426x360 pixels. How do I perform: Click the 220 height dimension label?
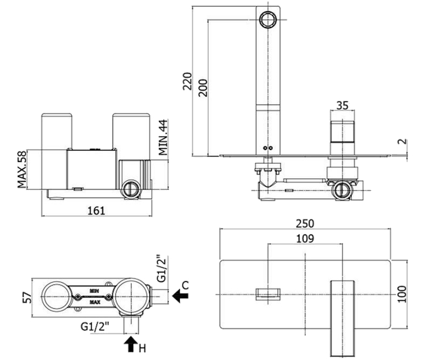coord(187,81)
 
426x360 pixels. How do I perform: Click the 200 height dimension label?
coord(203,88)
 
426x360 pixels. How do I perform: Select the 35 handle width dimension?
coord(343,106)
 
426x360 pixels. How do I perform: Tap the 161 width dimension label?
coord(96,211)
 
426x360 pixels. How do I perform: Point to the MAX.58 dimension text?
coord(22,169)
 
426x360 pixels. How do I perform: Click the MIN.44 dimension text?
coord(163,137)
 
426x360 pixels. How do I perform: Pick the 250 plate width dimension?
coord(305,224)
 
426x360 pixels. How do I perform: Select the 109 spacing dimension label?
coord(305,239)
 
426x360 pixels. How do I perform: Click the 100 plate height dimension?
coord(402,294)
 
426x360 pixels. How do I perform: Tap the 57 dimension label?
coord(27,298)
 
